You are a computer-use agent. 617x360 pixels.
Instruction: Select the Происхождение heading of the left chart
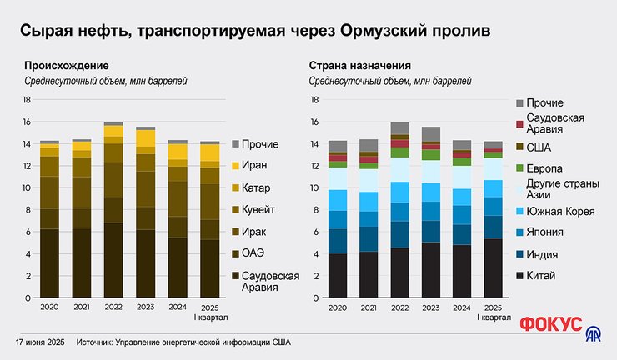tap(66, 66)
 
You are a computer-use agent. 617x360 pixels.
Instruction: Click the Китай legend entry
tap(542, 276)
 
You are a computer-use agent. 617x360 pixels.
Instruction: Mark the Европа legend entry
tap(547, 168)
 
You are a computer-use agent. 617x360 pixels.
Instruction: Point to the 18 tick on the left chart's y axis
tap(26, 100)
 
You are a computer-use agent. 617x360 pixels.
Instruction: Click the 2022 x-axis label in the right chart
tap(399, 307)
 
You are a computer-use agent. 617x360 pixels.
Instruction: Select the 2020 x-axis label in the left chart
tap(49, 307)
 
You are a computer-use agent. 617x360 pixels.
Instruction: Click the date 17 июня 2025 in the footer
tap(40, 342)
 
